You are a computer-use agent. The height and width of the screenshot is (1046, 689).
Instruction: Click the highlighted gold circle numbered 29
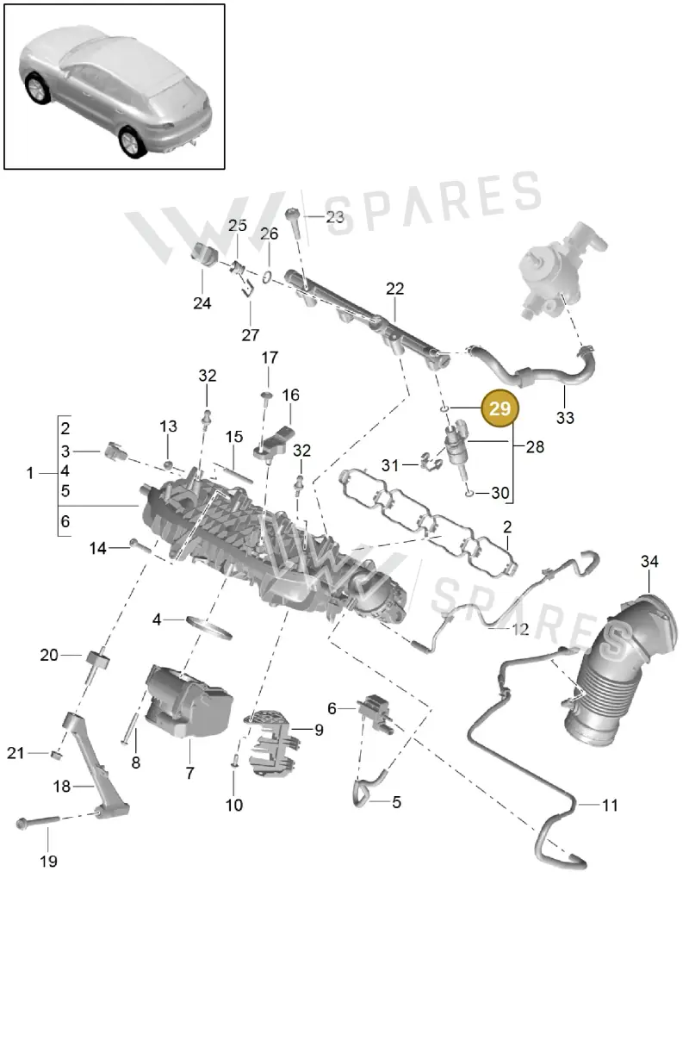[500, 408]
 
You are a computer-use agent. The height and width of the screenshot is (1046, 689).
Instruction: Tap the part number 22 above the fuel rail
[394, 289]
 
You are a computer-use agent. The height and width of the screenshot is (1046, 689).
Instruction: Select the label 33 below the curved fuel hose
[565, 418]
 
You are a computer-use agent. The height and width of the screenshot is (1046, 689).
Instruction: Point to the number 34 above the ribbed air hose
[649, 561]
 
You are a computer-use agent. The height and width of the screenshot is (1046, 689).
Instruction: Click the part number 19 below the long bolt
[48, 862]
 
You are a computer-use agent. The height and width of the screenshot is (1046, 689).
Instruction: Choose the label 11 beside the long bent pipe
[610, 806]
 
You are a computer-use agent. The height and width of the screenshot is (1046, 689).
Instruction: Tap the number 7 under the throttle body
[189, 773]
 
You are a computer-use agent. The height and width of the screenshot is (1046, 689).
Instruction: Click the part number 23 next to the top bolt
[335, 217]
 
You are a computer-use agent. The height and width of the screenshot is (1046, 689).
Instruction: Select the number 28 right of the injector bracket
[535, 447]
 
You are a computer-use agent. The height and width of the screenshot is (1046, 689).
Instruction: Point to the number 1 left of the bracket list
[30, 473]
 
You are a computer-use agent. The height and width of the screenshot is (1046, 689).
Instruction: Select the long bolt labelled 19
[38, 823]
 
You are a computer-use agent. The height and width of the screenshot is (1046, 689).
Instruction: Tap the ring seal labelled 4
[208, 628]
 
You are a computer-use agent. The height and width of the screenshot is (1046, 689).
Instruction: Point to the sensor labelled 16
[274, 444]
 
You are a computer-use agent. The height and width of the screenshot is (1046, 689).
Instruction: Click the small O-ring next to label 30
[469, 493]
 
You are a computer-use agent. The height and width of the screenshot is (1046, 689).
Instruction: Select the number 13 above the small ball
[168, 426]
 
